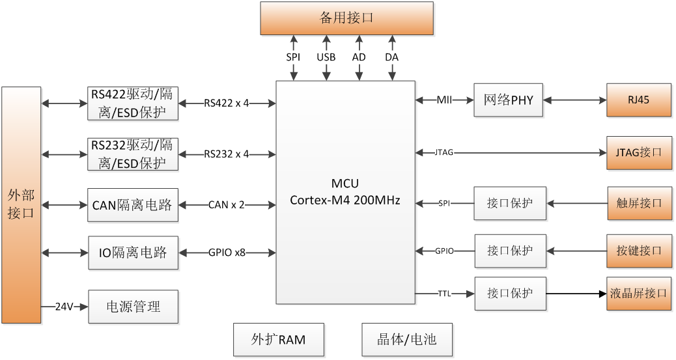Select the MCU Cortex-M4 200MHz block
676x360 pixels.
[x=345, y=192]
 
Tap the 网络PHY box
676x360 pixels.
[x=508, y=100]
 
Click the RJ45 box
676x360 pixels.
[x=638, y=100]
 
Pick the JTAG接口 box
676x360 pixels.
[x=638, y=152]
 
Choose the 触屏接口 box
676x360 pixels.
[x=638, y=203]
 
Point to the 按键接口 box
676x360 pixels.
[x=638, y=251]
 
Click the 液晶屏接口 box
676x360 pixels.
[x=638, y=294]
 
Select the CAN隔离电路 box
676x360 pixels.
[x=132, y=205]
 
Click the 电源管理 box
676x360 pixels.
[x=132, y=306]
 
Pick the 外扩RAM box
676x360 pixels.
[x=278, y=339]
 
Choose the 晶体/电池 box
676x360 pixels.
[x=406, y=339]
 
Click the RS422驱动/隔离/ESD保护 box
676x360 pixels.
[x=132, y=103]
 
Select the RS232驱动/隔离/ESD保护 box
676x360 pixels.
[x=132, y=154]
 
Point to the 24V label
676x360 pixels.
[x=64, y=306]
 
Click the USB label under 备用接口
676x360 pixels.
[x=326, y=57]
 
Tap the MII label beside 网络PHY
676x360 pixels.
[x=445, y=100]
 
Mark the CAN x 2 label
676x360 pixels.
[x=227, y=205]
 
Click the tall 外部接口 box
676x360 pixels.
[x=21, y=204]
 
